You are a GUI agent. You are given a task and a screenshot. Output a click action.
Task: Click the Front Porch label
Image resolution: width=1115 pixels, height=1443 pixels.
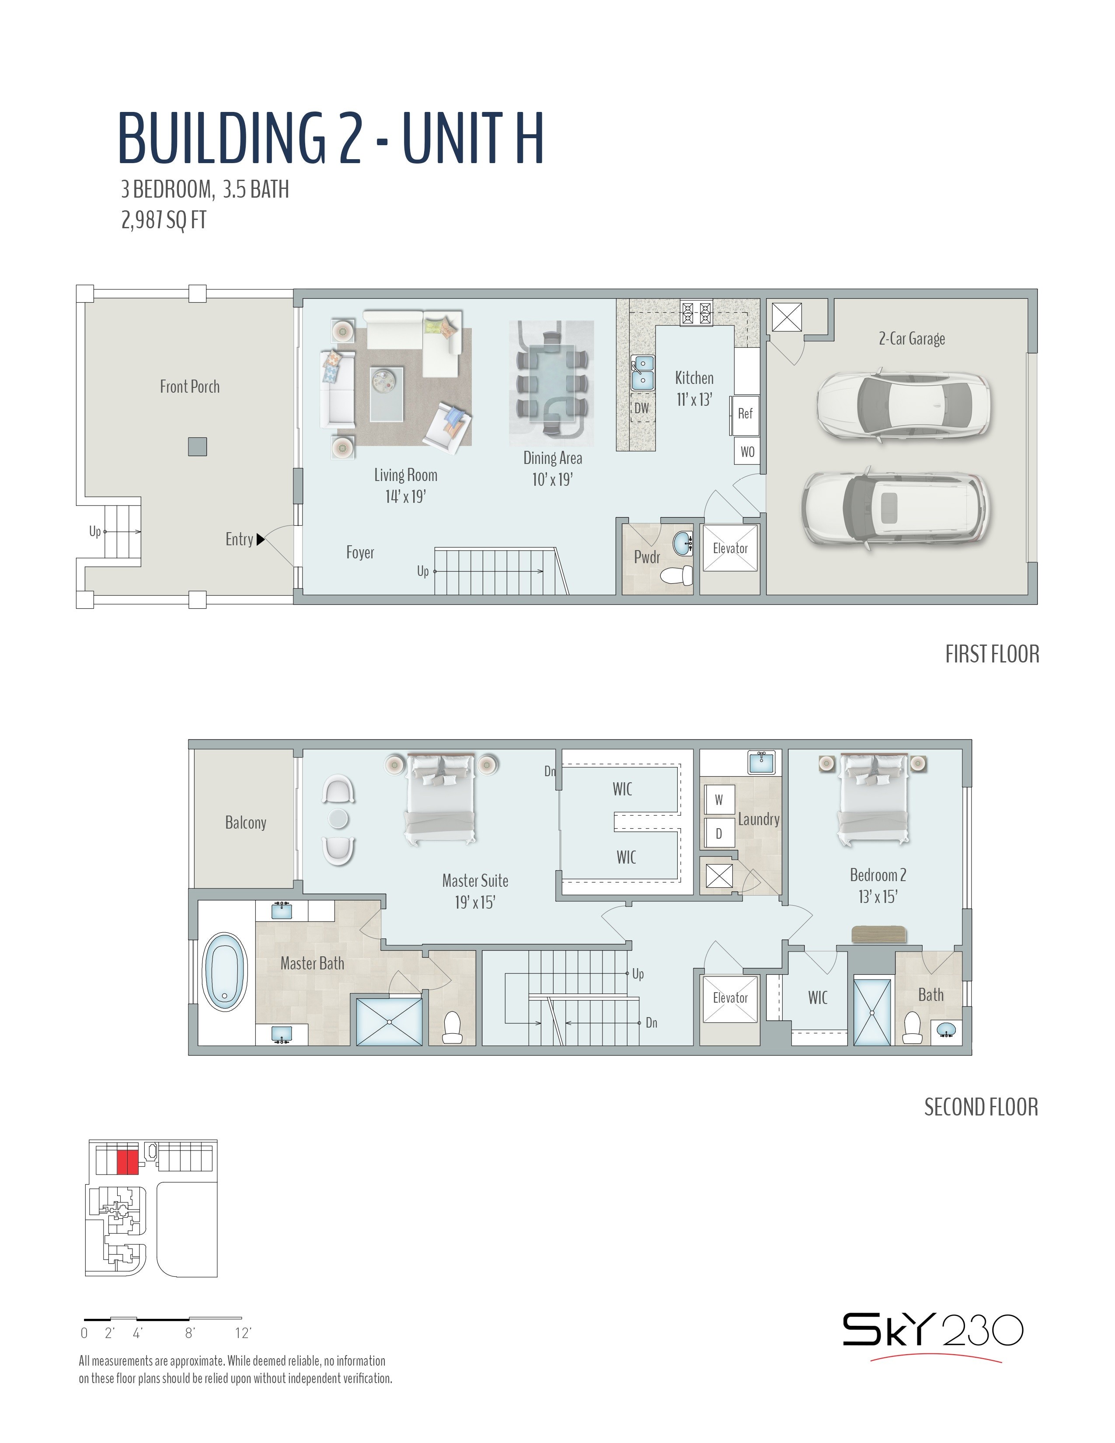(x=190, y=387)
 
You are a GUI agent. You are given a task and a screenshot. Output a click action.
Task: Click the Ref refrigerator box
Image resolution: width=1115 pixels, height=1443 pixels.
(x=745, y=414)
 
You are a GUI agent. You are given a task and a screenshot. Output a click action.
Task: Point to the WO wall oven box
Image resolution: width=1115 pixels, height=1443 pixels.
(x=747, y=452)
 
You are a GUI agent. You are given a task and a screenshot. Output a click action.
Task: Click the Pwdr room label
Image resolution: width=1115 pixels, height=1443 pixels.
(x=647, y=557)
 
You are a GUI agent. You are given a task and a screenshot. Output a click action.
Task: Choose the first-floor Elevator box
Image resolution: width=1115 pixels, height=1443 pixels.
(x=730, y=548)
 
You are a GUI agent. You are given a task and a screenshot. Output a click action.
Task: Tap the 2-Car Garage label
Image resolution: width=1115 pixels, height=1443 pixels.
(x=912, y=339)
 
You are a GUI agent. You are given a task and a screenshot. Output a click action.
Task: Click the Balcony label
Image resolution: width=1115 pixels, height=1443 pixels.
(x=246, y=823)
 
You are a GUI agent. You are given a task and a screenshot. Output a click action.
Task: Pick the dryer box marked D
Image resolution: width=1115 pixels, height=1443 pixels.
(x=719, y=834)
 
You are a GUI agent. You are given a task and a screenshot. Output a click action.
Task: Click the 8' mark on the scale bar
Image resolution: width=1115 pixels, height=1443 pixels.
(x=190, y=1333)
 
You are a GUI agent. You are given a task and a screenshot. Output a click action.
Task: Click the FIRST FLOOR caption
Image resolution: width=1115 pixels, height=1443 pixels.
(x=992, y=654)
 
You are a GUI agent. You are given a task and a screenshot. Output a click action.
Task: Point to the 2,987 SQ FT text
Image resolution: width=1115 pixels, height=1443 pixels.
(x=164, y=220)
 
